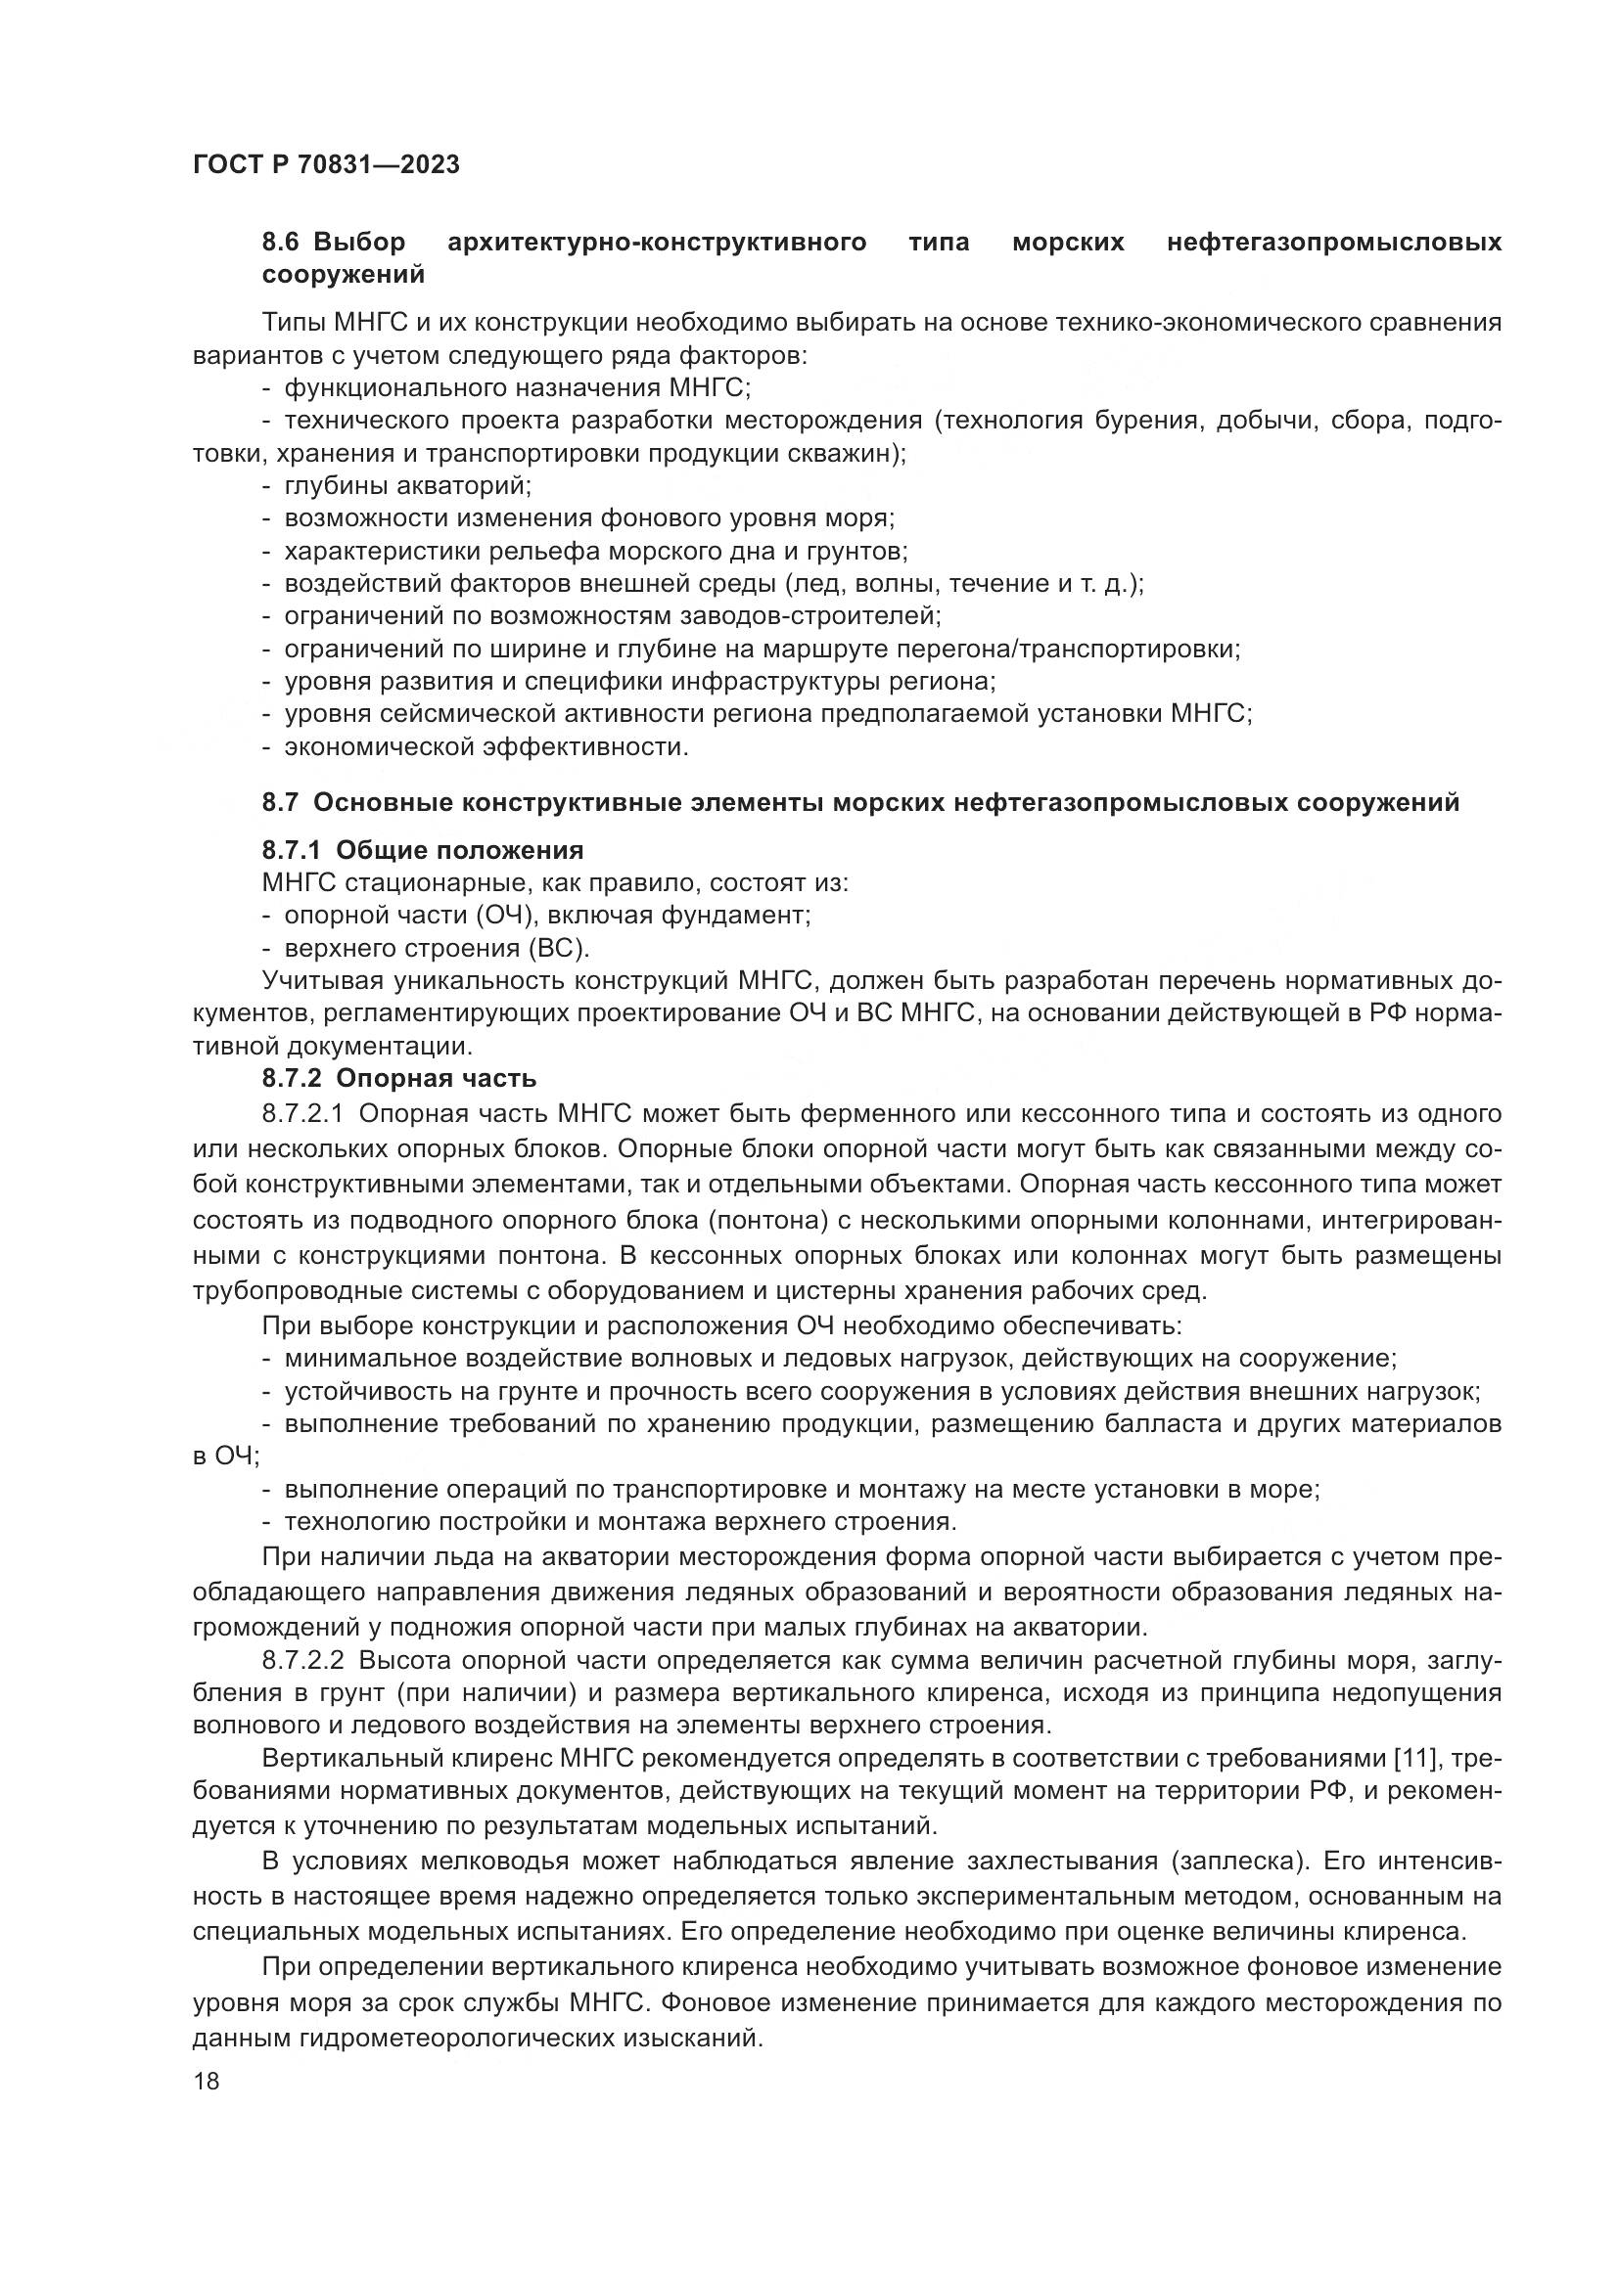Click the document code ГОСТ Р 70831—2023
(326, 165)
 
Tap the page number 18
(207, 2081)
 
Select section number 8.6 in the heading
(284, 243)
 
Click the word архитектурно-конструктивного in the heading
(657, 243)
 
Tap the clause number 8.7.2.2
(303, 1660)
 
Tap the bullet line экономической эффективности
(486, 746)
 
